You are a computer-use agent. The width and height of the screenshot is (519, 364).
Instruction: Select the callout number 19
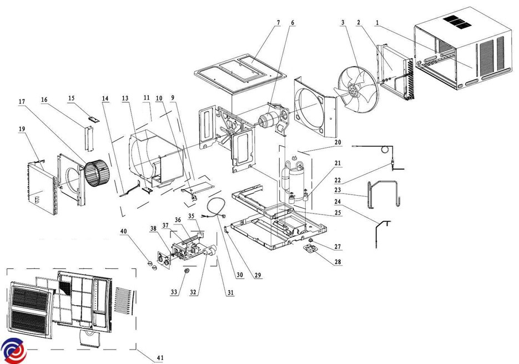point(21,128)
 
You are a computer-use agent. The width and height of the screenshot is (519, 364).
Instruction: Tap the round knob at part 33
point(187,270)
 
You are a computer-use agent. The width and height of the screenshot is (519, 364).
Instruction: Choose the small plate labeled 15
point(91,118)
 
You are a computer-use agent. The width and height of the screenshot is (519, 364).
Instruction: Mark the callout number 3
point(344,23)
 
